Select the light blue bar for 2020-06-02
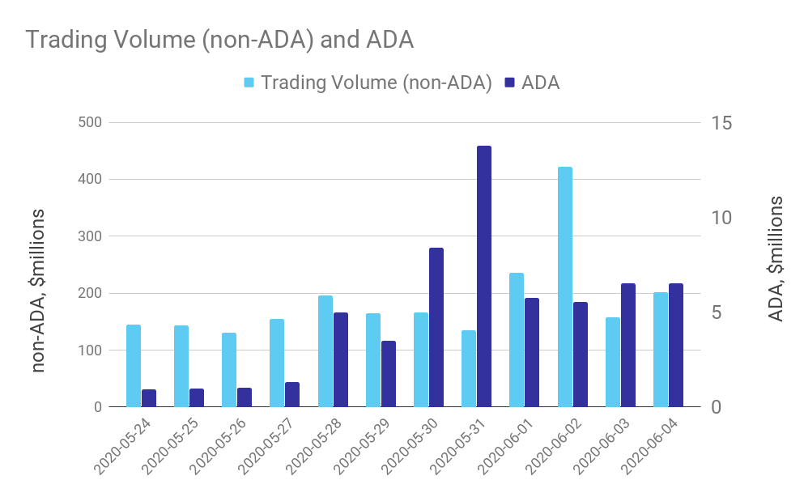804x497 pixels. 565,287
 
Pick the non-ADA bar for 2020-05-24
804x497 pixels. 134,366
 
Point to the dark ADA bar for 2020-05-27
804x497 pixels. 292,394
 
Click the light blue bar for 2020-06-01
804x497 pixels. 517,340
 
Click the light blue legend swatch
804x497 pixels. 249,83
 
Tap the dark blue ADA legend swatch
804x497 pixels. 510,83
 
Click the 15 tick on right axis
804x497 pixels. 721,123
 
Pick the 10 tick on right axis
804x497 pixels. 721,218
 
